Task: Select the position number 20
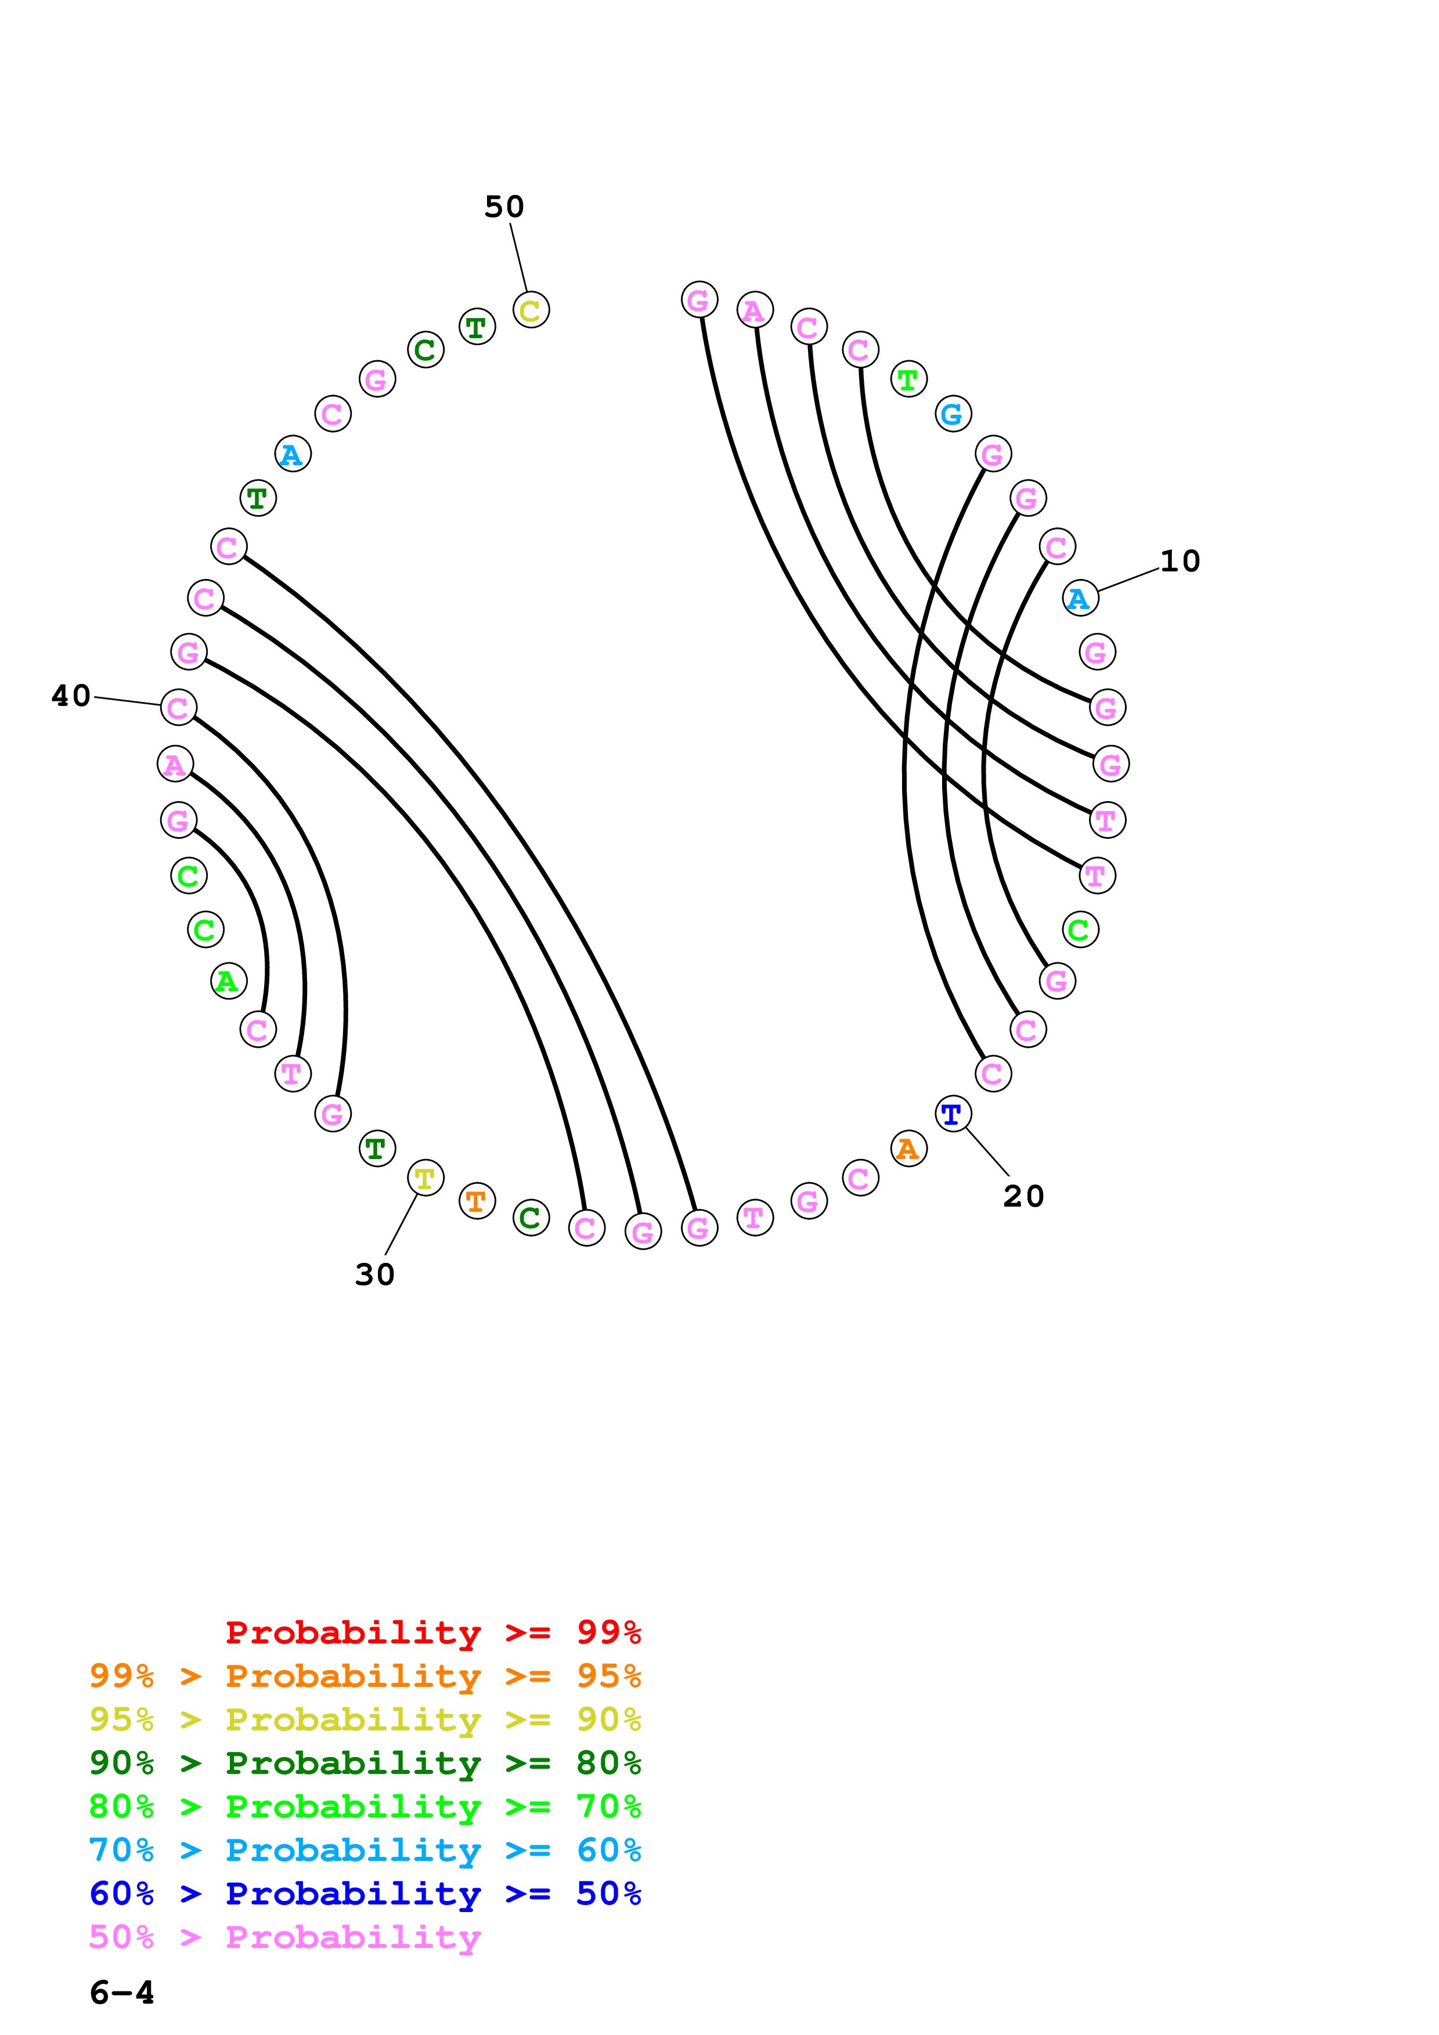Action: (x=1023, y=1196)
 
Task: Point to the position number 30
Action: (x=374, y=1274)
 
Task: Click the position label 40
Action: (x=71, y=696)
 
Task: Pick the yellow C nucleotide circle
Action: (x=531, y=310)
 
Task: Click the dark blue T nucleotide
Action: (x=952, y=1114)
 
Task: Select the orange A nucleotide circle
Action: (x=908, y=1149)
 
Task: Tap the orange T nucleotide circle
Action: (x=477, y=1201)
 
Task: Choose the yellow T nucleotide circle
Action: (x=425, y=1179)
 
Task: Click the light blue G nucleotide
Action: (x=953, y=414)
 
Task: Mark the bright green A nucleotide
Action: (x=229, y=981)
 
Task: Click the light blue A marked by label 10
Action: (x=1080, y=599)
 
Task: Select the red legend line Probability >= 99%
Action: (x=432, y=1632)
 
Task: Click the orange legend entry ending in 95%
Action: (x=365, y=1675)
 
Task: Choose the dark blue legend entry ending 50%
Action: (x=365, y=1893)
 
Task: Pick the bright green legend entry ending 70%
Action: (x=365, y=1806)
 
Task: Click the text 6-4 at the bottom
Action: (x=121, y=1993)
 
